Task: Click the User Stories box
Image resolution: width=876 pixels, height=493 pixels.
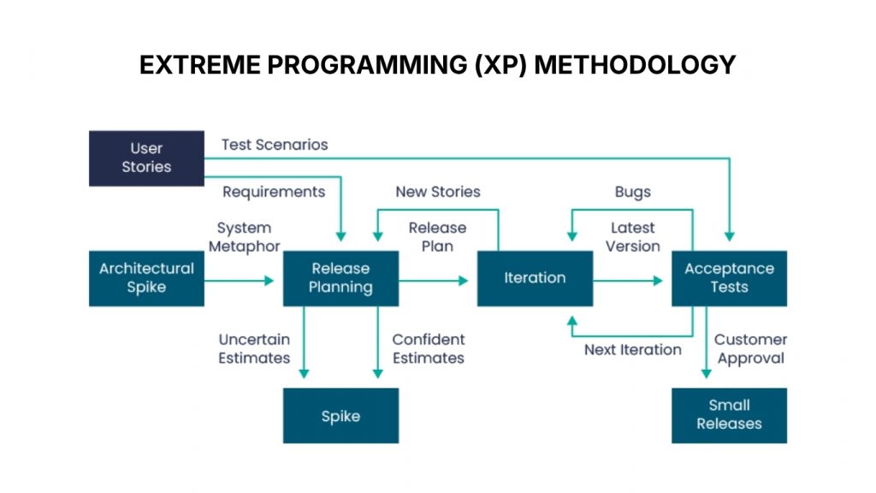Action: pos(146,158)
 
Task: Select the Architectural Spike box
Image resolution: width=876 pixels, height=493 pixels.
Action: pos(146,278)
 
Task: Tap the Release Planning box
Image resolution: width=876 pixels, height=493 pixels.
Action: pos(340,278)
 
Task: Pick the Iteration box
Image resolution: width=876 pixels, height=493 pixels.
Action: pos(535,278)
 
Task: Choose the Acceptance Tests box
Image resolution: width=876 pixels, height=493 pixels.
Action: pos(729,278)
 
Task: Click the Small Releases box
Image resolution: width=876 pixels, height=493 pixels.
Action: pos(729,415)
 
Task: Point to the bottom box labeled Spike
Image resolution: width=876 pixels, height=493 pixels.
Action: pos(340,416)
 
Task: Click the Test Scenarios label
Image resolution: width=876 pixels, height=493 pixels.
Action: pos(275,145)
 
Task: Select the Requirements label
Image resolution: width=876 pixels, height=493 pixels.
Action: pos(274,192)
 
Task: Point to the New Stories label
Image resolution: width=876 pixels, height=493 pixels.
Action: pos(438,192)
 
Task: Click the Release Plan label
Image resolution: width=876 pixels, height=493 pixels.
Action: pos(437,237)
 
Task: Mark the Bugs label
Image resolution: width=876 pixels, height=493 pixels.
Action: pos(632,192)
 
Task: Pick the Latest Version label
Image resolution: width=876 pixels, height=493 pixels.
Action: pos(633,237)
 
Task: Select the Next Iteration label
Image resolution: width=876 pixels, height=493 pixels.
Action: pos(633,349)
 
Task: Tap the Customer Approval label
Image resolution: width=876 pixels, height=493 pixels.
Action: pos(750,349)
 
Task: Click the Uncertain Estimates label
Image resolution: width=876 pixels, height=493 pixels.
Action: pos(254,349)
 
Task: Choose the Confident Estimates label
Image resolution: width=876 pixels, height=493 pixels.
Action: pos(429,349)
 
